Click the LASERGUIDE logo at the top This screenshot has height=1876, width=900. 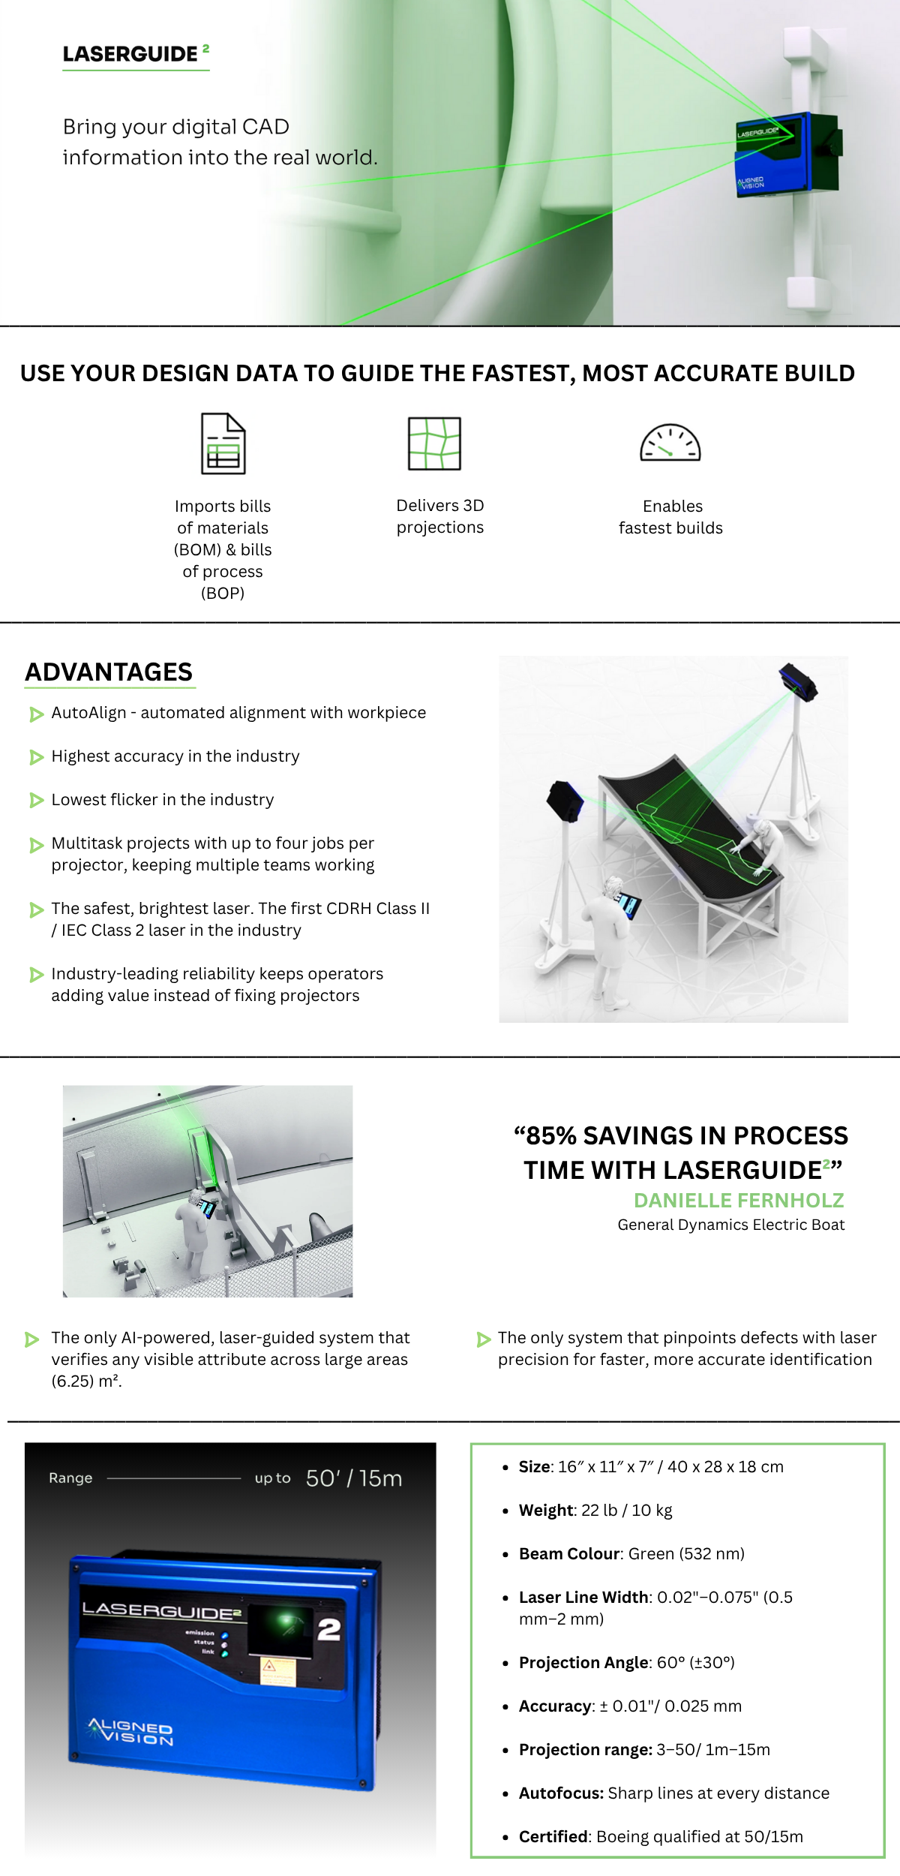(136, 54)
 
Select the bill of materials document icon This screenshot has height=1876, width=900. (223, 443)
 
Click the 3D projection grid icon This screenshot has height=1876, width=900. (434, 443)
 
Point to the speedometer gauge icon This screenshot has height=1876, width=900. (670, 442)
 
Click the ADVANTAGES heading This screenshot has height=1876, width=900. (109, 672)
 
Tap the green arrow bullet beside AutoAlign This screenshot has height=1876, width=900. (36, 714)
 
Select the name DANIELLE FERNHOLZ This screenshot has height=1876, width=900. (739, 1200)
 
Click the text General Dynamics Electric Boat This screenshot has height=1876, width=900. (731, 1225)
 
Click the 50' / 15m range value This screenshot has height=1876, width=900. (354, 1478)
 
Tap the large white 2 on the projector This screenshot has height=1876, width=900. (328, 1629)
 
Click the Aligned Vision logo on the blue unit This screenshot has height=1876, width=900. (131, 1732)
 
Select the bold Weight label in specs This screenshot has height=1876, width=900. (546, 1511)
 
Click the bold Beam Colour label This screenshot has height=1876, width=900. (570, 1554)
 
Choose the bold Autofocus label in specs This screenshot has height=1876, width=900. (561, 1793)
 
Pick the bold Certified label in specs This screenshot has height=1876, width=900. (553, 1836)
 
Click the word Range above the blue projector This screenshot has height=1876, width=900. (70, 1478)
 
